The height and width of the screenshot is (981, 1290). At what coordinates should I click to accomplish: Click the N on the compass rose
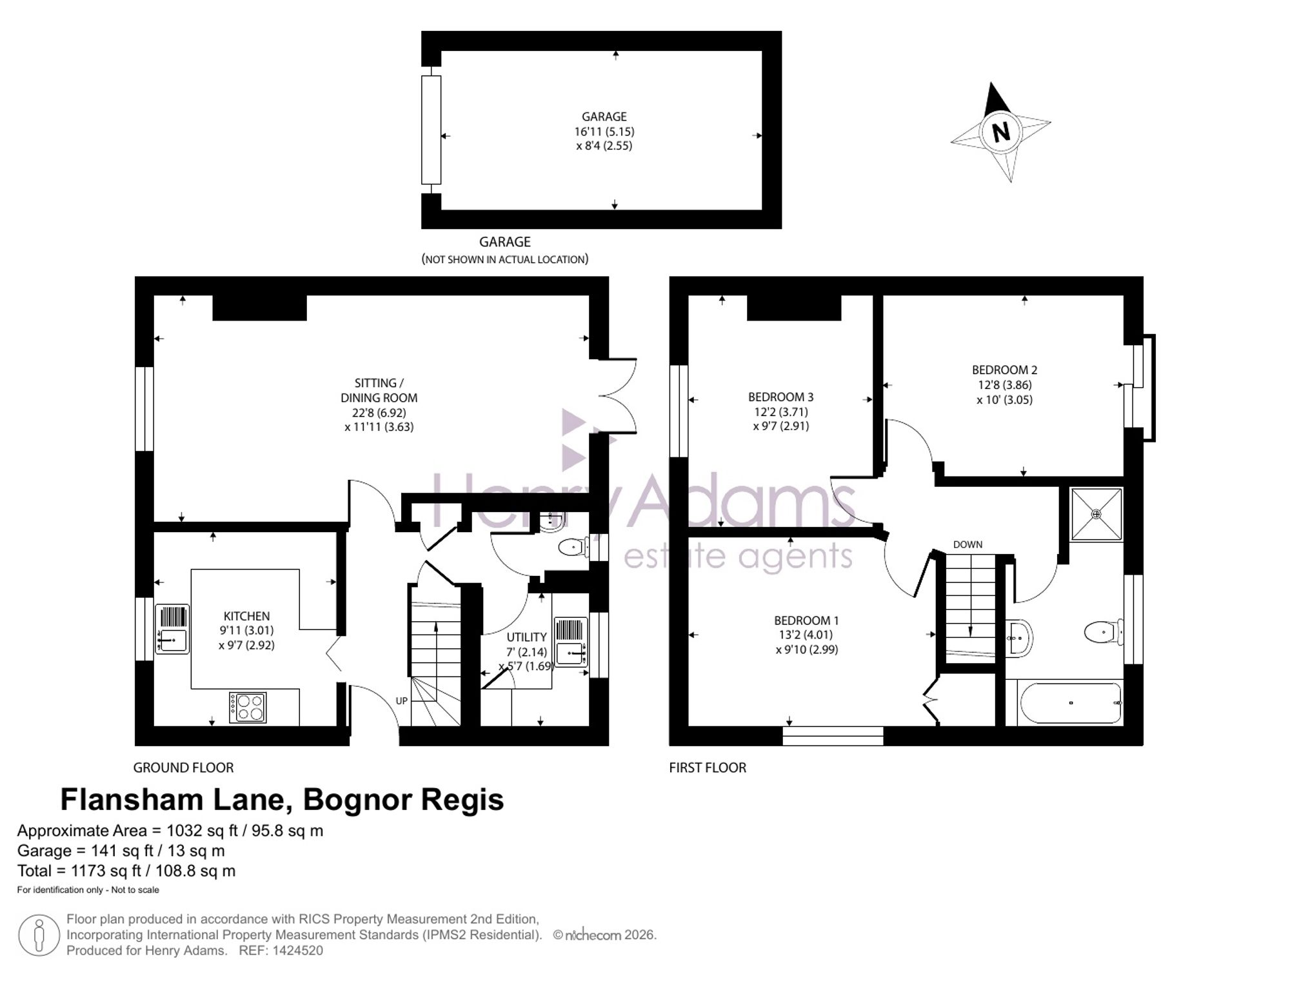pos(1001,132)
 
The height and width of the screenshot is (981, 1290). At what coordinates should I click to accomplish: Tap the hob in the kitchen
pos(248,707)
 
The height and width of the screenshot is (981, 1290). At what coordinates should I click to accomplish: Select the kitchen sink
pos(173,629)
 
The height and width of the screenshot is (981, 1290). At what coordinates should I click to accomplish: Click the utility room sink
pos(571,642)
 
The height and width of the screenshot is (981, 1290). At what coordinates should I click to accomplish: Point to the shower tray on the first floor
pos(1096,514)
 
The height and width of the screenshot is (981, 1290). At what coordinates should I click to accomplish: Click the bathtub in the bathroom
pos(1071,703)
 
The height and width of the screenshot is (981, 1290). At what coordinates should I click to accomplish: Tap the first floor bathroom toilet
pos(1104,632)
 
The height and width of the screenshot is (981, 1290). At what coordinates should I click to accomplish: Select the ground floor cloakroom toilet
pos(573,548)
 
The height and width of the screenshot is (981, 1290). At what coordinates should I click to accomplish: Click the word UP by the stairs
pos(401,701)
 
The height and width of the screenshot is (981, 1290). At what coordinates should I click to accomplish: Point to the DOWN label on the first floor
pos(967,544)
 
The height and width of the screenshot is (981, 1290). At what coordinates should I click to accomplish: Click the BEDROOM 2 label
pos(1004,370)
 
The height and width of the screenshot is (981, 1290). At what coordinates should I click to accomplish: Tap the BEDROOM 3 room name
pos(780,397)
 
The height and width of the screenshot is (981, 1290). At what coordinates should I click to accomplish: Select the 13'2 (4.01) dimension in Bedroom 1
pos(806,635)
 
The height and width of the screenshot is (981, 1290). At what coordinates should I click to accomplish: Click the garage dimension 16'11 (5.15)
pos(604,132)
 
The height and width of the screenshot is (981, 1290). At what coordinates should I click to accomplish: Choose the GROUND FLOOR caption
pos(183,768)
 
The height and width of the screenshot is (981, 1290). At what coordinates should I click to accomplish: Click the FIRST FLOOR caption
pos(708,768)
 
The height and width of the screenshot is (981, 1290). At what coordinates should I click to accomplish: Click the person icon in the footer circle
pos(39,935)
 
